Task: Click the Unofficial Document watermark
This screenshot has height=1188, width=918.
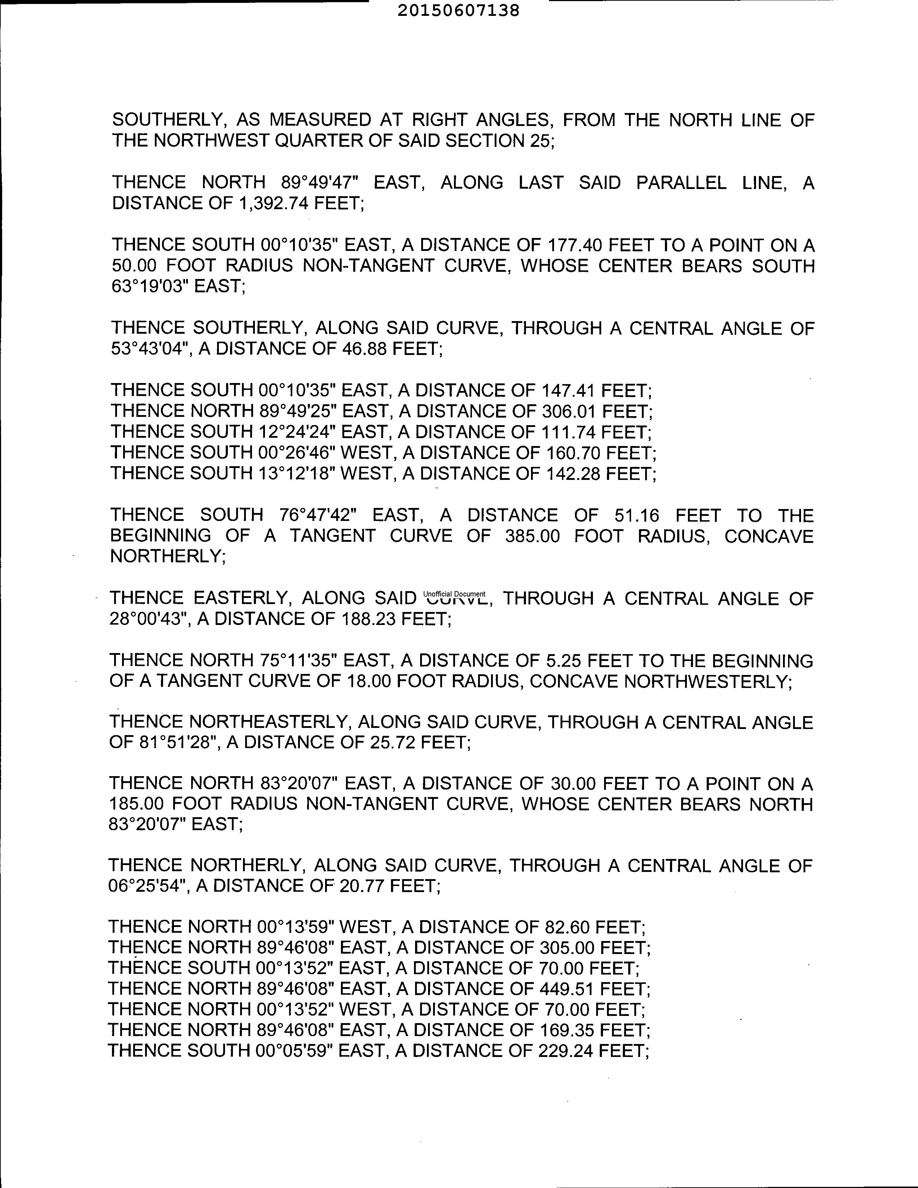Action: click(x=454, y=594)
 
